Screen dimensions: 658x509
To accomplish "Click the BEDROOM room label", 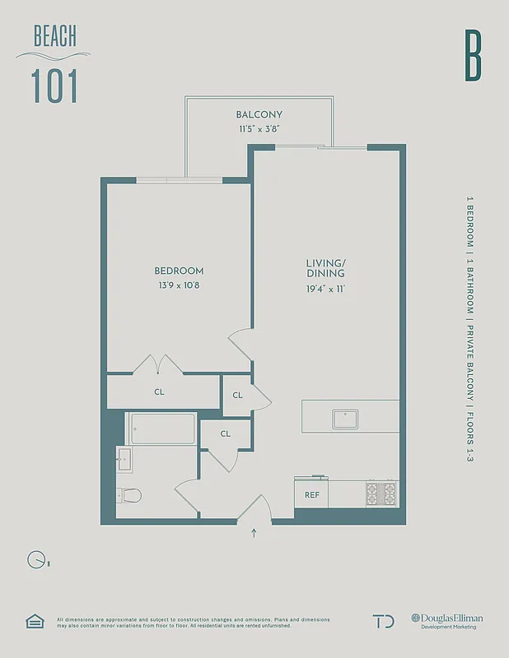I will click(179, 271).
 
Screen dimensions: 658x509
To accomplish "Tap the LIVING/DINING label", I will click(325, 268).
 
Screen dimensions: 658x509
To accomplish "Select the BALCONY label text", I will click(259, 114).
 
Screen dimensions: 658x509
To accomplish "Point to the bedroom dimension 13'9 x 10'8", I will click(179, 285).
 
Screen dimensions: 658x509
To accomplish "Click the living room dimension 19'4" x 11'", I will click(325, 289).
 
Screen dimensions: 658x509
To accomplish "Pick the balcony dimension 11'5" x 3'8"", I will click(259, 129).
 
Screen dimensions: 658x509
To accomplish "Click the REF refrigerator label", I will click(312, 495).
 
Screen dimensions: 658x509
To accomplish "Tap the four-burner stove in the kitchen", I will click(382, 494).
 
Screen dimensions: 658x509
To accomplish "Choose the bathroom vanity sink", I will click(124, 459).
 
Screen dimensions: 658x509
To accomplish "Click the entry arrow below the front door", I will click(254, 532).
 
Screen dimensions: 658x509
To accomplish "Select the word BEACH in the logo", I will click(55, 36).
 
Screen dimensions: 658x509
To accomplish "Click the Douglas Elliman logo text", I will click(448, 618).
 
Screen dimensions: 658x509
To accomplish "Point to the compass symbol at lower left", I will click(37, 560).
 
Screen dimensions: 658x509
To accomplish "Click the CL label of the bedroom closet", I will click(159, 392).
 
